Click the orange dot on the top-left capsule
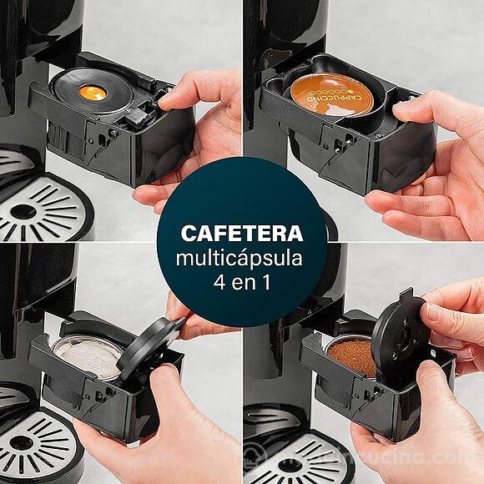[93, 93]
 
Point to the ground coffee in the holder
[350, 356]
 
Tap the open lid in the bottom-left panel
[147, 350]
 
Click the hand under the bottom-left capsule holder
[159, 434]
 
